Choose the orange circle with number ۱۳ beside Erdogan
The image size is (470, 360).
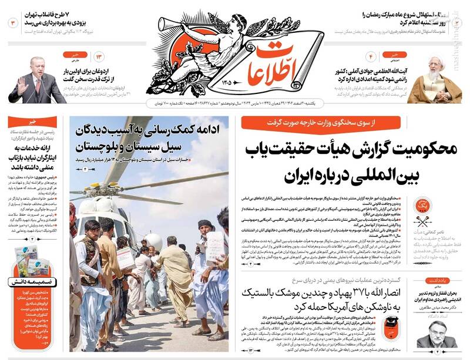point(99,57)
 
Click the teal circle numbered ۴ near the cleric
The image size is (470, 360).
point(371,57)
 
